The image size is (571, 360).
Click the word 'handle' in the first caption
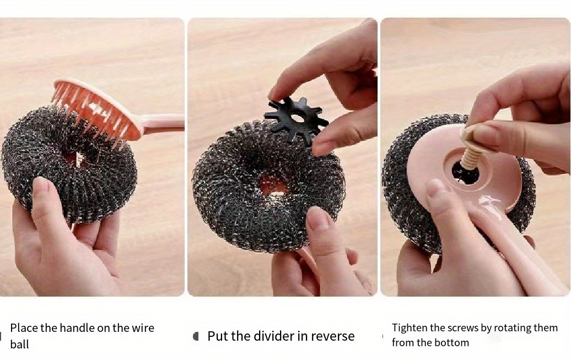pyautogui.click(x=77, y=328)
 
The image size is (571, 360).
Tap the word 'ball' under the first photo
pyautogui.click(x=19, y=345)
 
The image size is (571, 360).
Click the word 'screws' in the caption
pyautogui.click(x=462, y=328)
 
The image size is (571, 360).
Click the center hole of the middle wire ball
pyautogui.click(x=274, y=186)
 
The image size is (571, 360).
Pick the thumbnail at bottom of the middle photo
pyautogui.click(x=317, y=219)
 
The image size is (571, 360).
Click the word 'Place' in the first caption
pyautogui.click(x=24, y=328)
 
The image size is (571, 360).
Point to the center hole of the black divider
pyautogui.click(x=298, y=118)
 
